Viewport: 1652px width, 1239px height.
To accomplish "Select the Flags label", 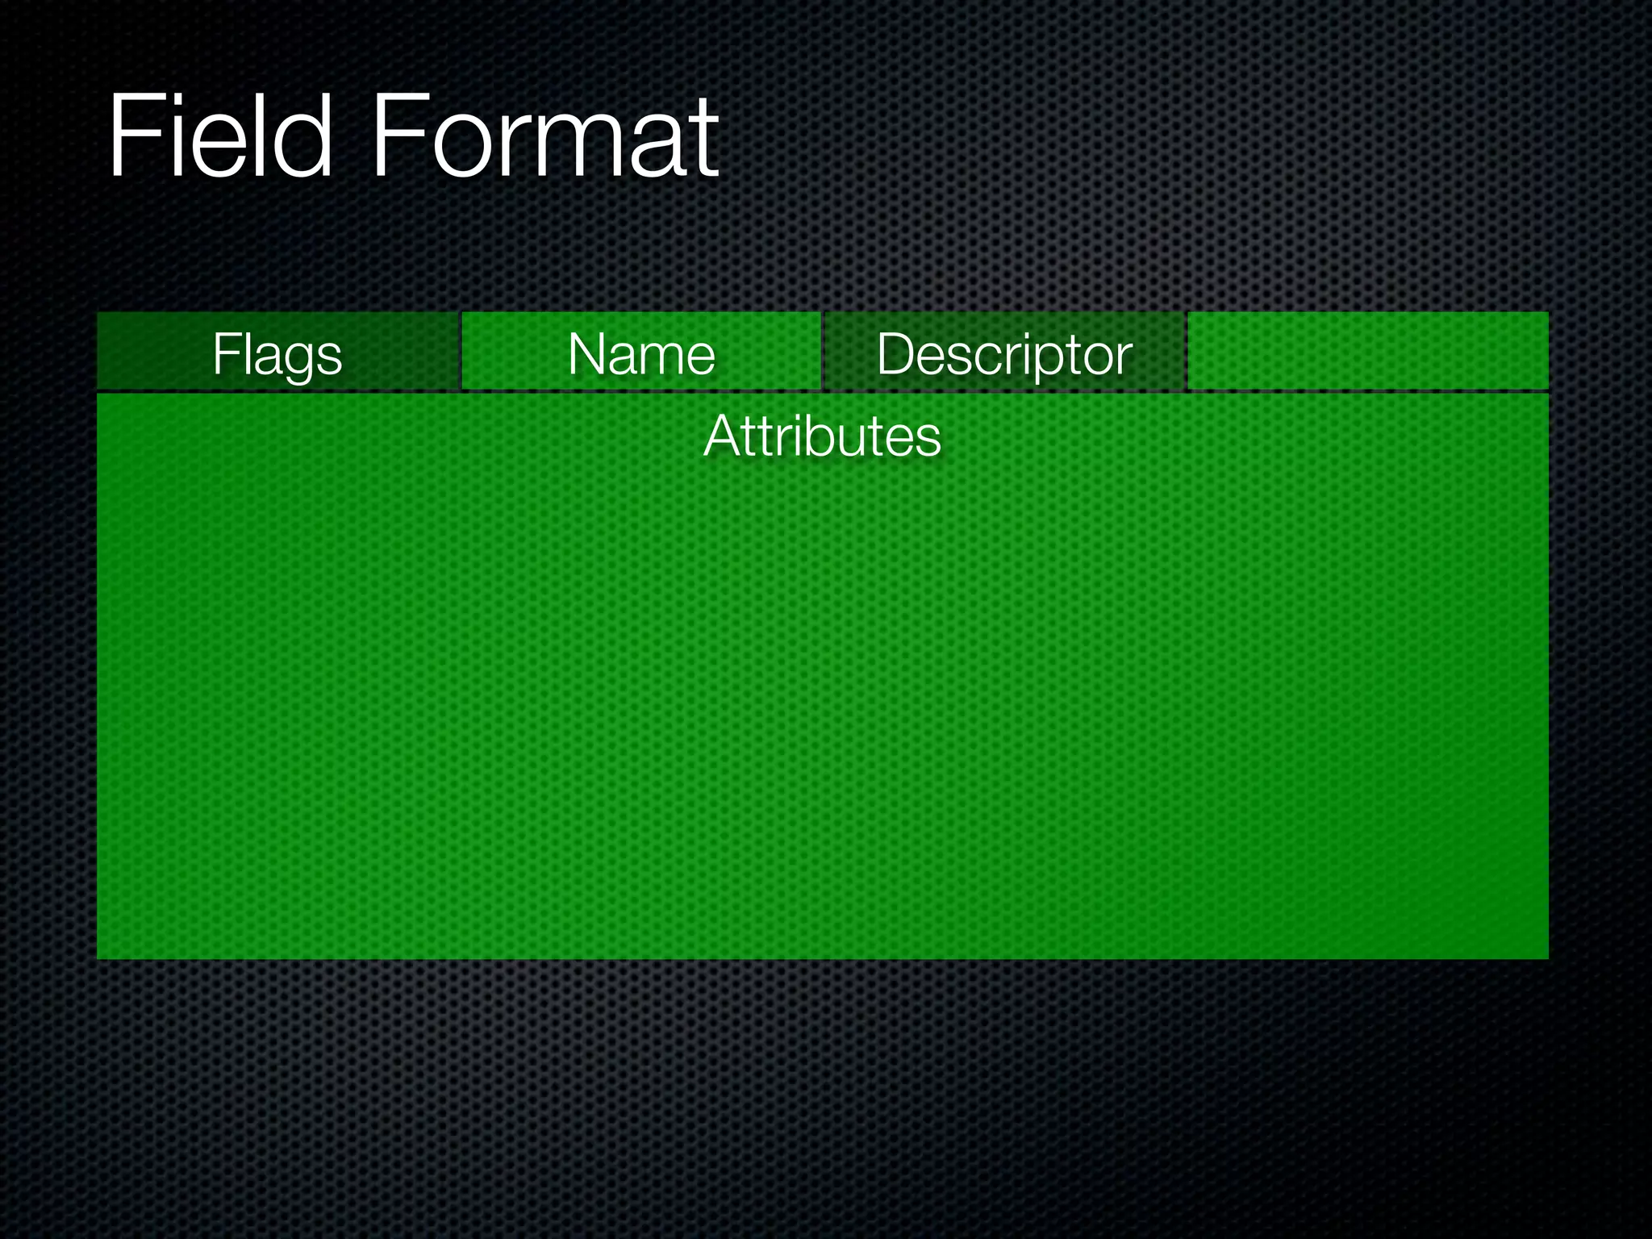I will (277, 354).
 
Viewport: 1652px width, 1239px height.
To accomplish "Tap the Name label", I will (641, 354).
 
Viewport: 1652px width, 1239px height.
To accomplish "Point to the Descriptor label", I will (1004, 354).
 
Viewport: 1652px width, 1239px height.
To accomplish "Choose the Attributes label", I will (822, 436).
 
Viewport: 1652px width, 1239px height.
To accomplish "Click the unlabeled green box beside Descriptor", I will (1368, 351).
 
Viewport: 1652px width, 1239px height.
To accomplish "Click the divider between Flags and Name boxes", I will (460, 351).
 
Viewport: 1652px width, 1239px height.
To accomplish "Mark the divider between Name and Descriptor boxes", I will (823, 351).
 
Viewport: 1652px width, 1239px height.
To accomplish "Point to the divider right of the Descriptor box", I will (1187, 351).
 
